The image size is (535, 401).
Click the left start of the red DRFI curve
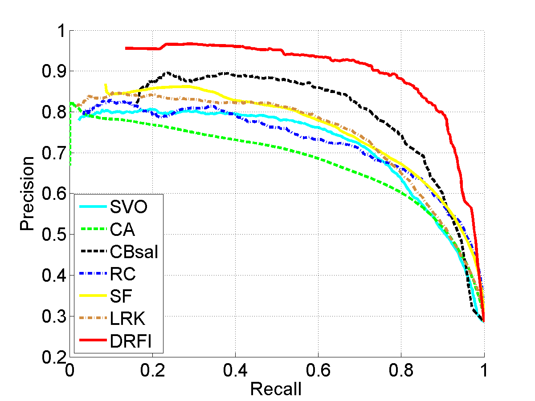tap(126, 48)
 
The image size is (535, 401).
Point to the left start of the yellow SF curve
tap(105, 84)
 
